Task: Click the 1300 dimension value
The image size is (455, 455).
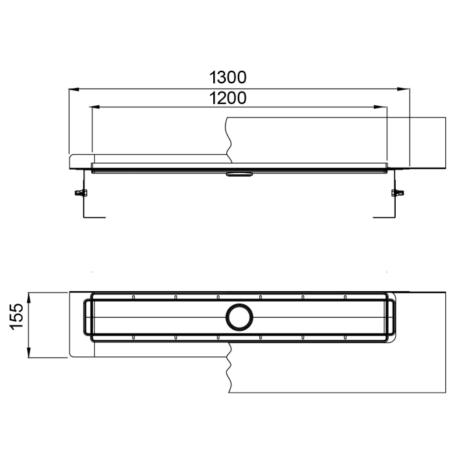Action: point(227,77)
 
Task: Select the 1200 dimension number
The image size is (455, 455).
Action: point(227,98)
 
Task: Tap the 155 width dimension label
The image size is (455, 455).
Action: point(18,317)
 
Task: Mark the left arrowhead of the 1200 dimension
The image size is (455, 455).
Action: point(96,107)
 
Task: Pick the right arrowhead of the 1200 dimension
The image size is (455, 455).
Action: point(383,107)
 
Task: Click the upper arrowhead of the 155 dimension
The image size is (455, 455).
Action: point(29,296)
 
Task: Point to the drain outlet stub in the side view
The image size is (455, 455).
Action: point(240,174)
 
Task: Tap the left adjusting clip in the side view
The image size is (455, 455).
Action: point(81,192)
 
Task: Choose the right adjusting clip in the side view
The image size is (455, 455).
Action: point(396,192)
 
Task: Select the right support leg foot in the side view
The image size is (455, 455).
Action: point(383,217)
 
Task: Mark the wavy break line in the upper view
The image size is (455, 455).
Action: point(228,138)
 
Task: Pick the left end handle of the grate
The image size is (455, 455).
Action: point(88,317)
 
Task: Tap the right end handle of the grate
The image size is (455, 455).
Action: point(392,317)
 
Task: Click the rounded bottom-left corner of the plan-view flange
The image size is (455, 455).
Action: point(71,354)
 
